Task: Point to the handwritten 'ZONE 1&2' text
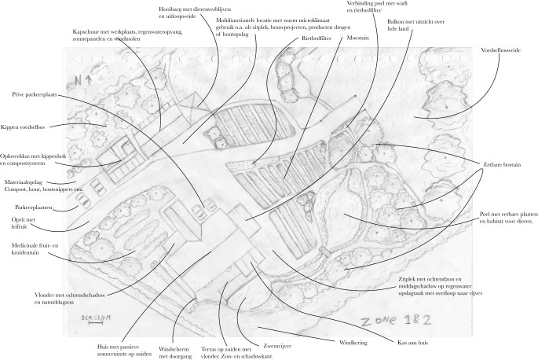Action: point(390,321)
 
